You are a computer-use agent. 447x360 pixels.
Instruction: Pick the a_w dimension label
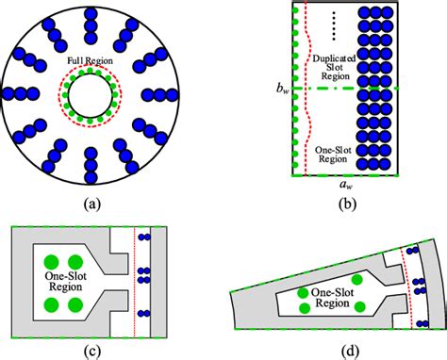348,186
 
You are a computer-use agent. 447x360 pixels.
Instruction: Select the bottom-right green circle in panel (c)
75,305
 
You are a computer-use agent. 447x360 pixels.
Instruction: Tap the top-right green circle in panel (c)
75,261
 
